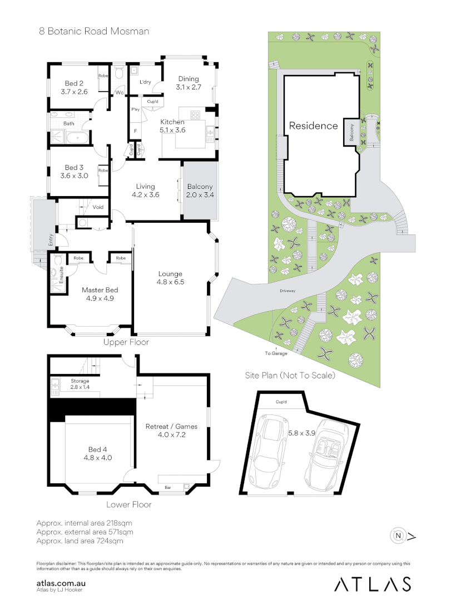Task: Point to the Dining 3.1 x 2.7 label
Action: pyautogui.click(x=189, y=83)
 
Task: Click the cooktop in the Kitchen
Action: pyautogui.click(x=196, y=115)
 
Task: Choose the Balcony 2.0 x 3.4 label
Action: pyautogui.click(x=200, y=191)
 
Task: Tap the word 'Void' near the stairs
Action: pyautogui.click(x=98, y=207)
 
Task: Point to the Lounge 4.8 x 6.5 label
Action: pyautogui.click(x=170, y=277)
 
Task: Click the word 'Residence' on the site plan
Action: pyautogui.click(x=313, y=126)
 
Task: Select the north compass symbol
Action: pyautogui.click(x=399, y=536)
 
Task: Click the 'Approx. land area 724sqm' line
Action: pyautogui.click(x=80, y=541)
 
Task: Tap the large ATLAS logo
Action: pyautogui.click(x=373, y=584)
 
